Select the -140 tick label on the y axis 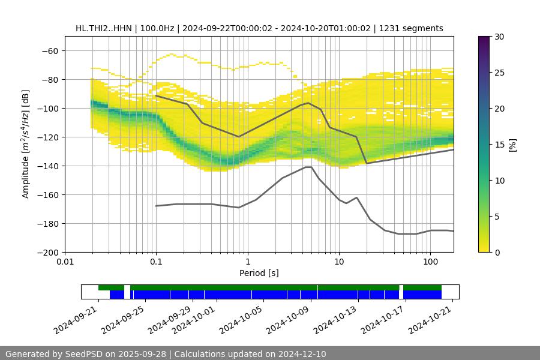[46, 166]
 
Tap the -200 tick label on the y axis [46, 252]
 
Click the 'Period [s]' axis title [259, 274]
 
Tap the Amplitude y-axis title [25, 144]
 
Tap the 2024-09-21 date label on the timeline [76, 320]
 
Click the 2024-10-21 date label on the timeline [430, 320]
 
